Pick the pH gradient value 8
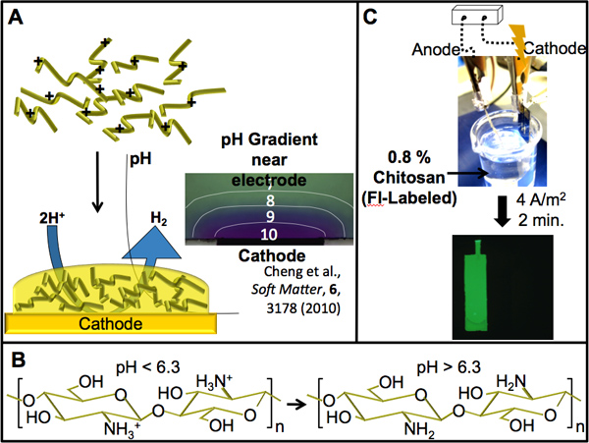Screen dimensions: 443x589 pyautogui.click(x=255, y=200)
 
